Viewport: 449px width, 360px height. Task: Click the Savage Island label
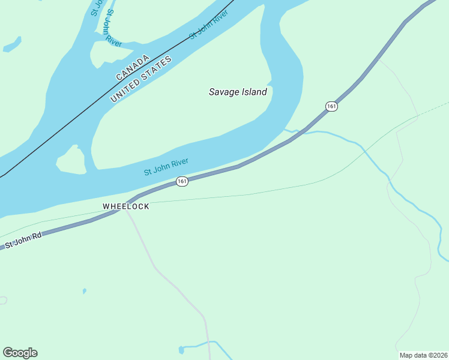pos(238,92)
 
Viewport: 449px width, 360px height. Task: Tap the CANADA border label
pos(132,68)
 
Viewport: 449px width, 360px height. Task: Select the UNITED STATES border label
pos(142,79)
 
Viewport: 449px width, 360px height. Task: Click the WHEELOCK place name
pos(125,206)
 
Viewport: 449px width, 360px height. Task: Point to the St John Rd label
pos(23,241)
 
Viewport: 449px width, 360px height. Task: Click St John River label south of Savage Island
pos(166,167)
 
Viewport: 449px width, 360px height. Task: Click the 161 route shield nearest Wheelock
pos(182,181)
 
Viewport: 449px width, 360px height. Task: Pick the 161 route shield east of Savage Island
pos(331,106)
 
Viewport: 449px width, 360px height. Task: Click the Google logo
pos(20,353)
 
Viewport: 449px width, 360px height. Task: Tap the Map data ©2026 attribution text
pos(424,355)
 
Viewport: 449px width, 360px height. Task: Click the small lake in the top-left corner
pos(12,44)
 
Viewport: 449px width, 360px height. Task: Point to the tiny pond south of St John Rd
pos(84,291)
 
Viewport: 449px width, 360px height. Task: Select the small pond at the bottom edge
pos(181,349)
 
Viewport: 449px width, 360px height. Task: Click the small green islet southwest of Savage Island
pos(71,160)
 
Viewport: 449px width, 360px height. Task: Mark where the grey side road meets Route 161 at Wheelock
pos(125,202)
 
